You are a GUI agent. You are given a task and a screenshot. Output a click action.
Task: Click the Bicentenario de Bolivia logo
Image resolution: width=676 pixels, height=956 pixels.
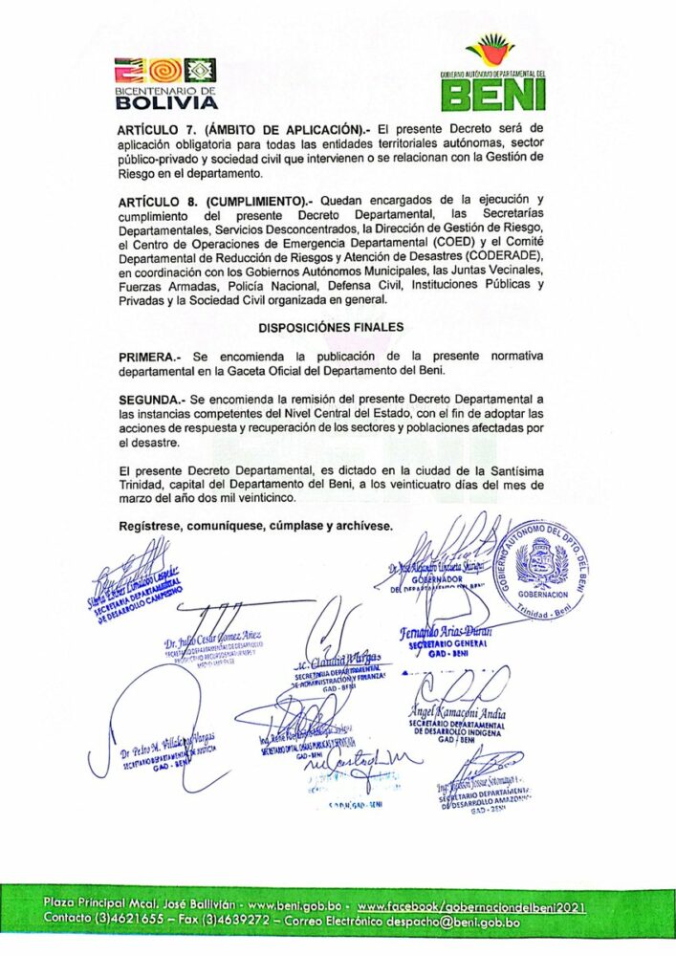[165, 82]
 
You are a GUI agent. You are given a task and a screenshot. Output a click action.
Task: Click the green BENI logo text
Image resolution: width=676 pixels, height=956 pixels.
[493, 95]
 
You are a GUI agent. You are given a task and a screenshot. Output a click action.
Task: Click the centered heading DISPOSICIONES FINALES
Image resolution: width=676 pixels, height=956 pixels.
[331, 327]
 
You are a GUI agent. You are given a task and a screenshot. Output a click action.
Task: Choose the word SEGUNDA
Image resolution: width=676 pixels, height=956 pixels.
[151, 398]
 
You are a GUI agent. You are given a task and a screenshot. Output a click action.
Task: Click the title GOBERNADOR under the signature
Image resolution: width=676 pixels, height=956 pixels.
[436, 579]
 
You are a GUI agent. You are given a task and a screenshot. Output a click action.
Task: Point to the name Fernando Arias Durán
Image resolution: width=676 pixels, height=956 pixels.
[443, 633]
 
